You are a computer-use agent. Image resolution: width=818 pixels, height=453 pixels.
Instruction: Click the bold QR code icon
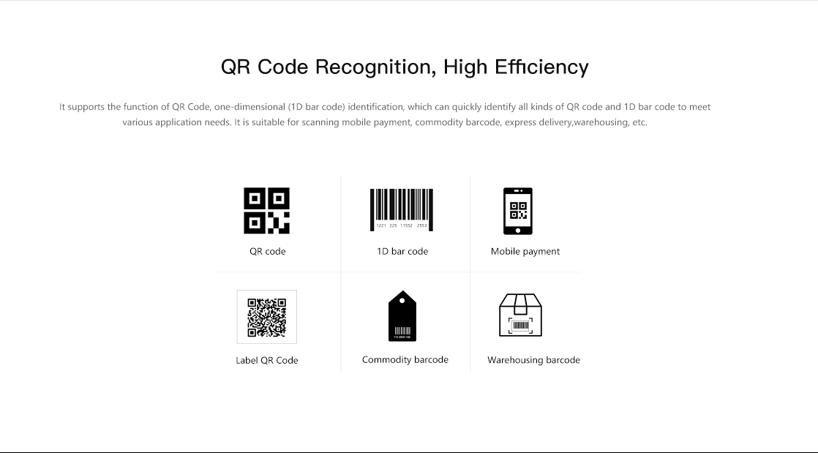266,210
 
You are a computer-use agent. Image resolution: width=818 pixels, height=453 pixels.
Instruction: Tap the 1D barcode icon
402,210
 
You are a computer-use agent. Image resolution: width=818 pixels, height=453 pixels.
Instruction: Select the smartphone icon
518,211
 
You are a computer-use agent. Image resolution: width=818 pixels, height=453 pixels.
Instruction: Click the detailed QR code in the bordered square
266,318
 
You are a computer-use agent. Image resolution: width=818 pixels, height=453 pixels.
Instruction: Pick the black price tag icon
402,315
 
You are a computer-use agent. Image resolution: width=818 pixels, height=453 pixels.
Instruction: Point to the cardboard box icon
521,315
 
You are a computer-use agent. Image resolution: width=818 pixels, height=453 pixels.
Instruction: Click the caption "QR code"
268,251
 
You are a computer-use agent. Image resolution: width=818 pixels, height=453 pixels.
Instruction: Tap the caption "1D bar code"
402,251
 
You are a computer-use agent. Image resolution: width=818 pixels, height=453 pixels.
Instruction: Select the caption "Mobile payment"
525,252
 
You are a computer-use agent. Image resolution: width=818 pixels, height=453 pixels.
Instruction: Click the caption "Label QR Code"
266,360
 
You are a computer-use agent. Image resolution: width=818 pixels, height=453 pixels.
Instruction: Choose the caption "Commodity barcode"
405,359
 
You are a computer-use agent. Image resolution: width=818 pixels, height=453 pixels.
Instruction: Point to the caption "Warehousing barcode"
533,360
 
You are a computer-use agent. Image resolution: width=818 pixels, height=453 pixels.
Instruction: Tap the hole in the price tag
402,301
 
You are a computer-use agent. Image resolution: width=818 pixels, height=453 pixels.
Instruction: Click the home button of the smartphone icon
518,230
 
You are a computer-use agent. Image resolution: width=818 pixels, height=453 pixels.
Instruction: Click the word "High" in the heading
465,67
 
